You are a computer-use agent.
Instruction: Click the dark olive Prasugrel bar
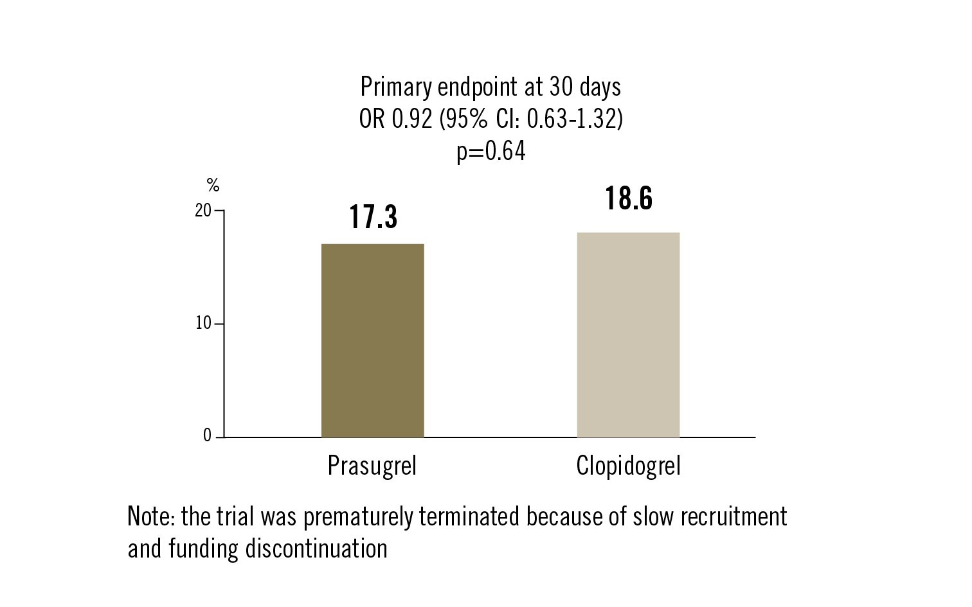tap(372, 340)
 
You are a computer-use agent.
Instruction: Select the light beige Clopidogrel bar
tap(628, 335)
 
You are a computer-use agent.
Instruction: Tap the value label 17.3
tap(373, 217)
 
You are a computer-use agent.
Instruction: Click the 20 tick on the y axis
tap(203, 211)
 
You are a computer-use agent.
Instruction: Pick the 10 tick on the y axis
tap(203, 324)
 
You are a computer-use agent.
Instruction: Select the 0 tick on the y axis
tap(207, 436)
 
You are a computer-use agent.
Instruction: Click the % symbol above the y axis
tap(213, 187)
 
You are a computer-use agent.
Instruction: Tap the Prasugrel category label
tap(372, 466)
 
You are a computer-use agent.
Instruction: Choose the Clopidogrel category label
tap(628, 466)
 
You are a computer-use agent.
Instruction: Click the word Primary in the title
tap(395, 87)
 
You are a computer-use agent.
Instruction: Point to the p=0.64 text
tap(491, 152)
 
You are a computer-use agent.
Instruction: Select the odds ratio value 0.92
tap(411, 119)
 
